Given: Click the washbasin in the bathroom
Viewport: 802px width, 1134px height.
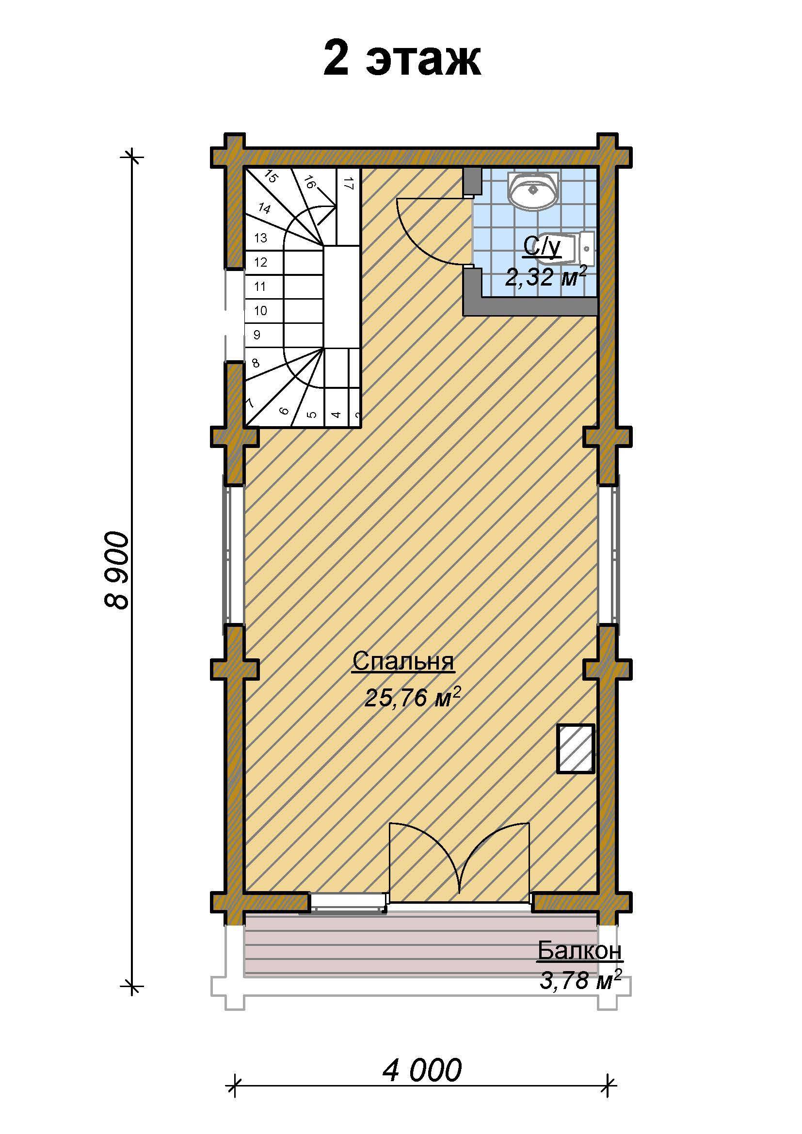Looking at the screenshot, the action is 533,190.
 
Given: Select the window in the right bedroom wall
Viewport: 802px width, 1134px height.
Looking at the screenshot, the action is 613,555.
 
